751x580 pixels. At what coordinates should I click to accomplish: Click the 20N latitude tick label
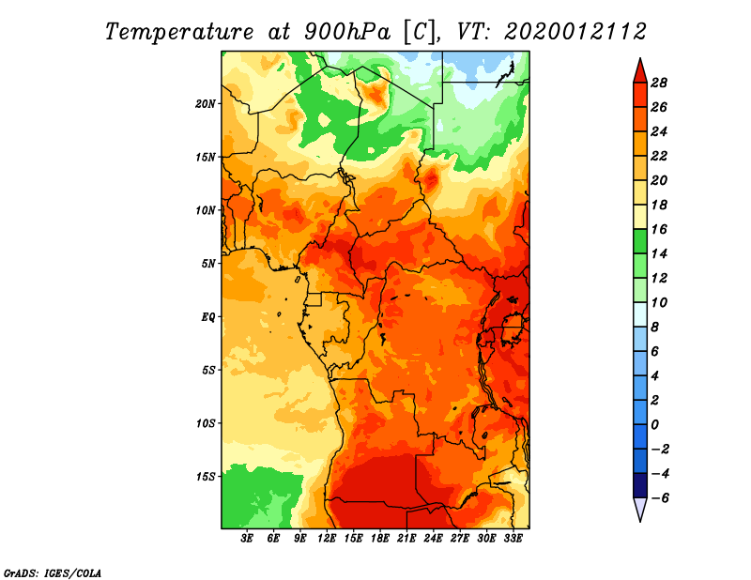coord(206,104)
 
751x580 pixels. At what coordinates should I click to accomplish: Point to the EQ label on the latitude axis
coord(207,317)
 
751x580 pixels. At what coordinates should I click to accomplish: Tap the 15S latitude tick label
coord(206,477)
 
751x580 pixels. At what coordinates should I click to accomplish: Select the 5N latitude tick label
coord(208,264)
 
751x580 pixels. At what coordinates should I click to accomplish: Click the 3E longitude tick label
coord(247,538)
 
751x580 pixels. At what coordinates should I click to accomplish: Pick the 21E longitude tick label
coord(406,538)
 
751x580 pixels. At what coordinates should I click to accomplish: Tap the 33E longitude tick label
coord(513,538)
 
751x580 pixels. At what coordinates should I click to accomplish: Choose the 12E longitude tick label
coord(327,538)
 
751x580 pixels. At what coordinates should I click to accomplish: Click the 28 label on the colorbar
coord(659,83)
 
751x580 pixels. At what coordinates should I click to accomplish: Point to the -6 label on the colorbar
coord(658,498)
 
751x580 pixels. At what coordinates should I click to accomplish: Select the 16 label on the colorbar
coord(659,229)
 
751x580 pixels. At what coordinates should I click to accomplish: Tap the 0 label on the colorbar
coord(654,425)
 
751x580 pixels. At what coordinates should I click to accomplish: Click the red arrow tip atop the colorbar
coord(640,59)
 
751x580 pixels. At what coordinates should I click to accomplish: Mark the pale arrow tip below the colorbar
coord(640,520)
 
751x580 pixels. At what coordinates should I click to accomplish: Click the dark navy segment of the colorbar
coord(640,485)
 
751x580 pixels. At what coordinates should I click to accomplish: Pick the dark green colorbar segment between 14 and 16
coord(640,241)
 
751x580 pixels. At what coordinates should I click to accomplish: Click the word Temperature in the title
coord(179,32)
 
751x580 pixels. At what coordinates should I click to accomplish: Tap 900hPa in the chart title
coord(347,32)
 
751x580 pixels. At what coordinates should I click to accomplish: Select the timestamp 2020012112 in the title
coord(575,32)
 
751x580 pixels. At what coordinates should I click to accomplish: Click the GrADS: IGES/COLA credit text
coord(53,572)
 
